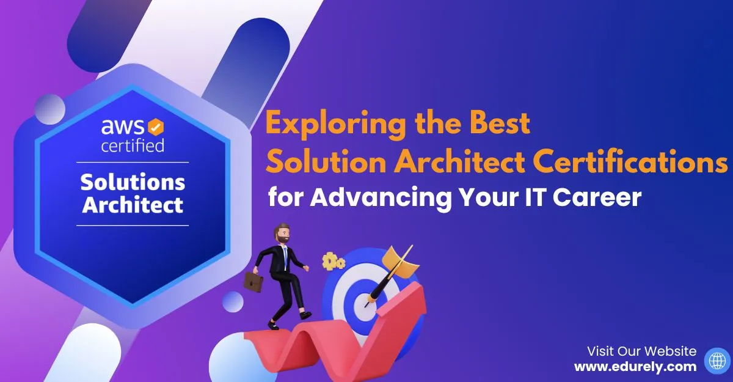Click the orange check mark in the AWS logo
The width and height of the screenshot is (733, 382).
pyautogui.click(x=156, y=127)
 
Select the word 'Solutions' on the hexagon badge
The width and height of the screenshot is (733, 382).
pyautogui.click(x=133, y=182)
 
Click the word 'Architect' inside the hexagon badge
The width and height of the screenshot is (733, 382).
pyautogui.click(x=133, y=204)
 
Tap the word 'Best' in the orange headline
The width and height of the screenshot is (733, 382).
pyautogui.click(x=500, y=125)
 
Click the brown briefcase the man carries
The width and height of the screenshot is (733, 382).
pyautogui.click(x=253, y=282)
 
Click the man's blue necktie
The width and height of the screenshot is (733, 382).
pyautogui.click(x=285, y=255)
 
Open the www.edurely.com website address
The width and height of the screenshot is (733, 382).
pyautogui.click(x=635, y=367)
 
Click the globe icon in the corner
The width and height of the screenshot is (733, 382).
pyautogui.click(x=716, y=360)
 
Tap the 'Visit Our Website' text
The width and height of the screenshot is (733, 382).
pyautogui.click(x=641, y=351)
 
